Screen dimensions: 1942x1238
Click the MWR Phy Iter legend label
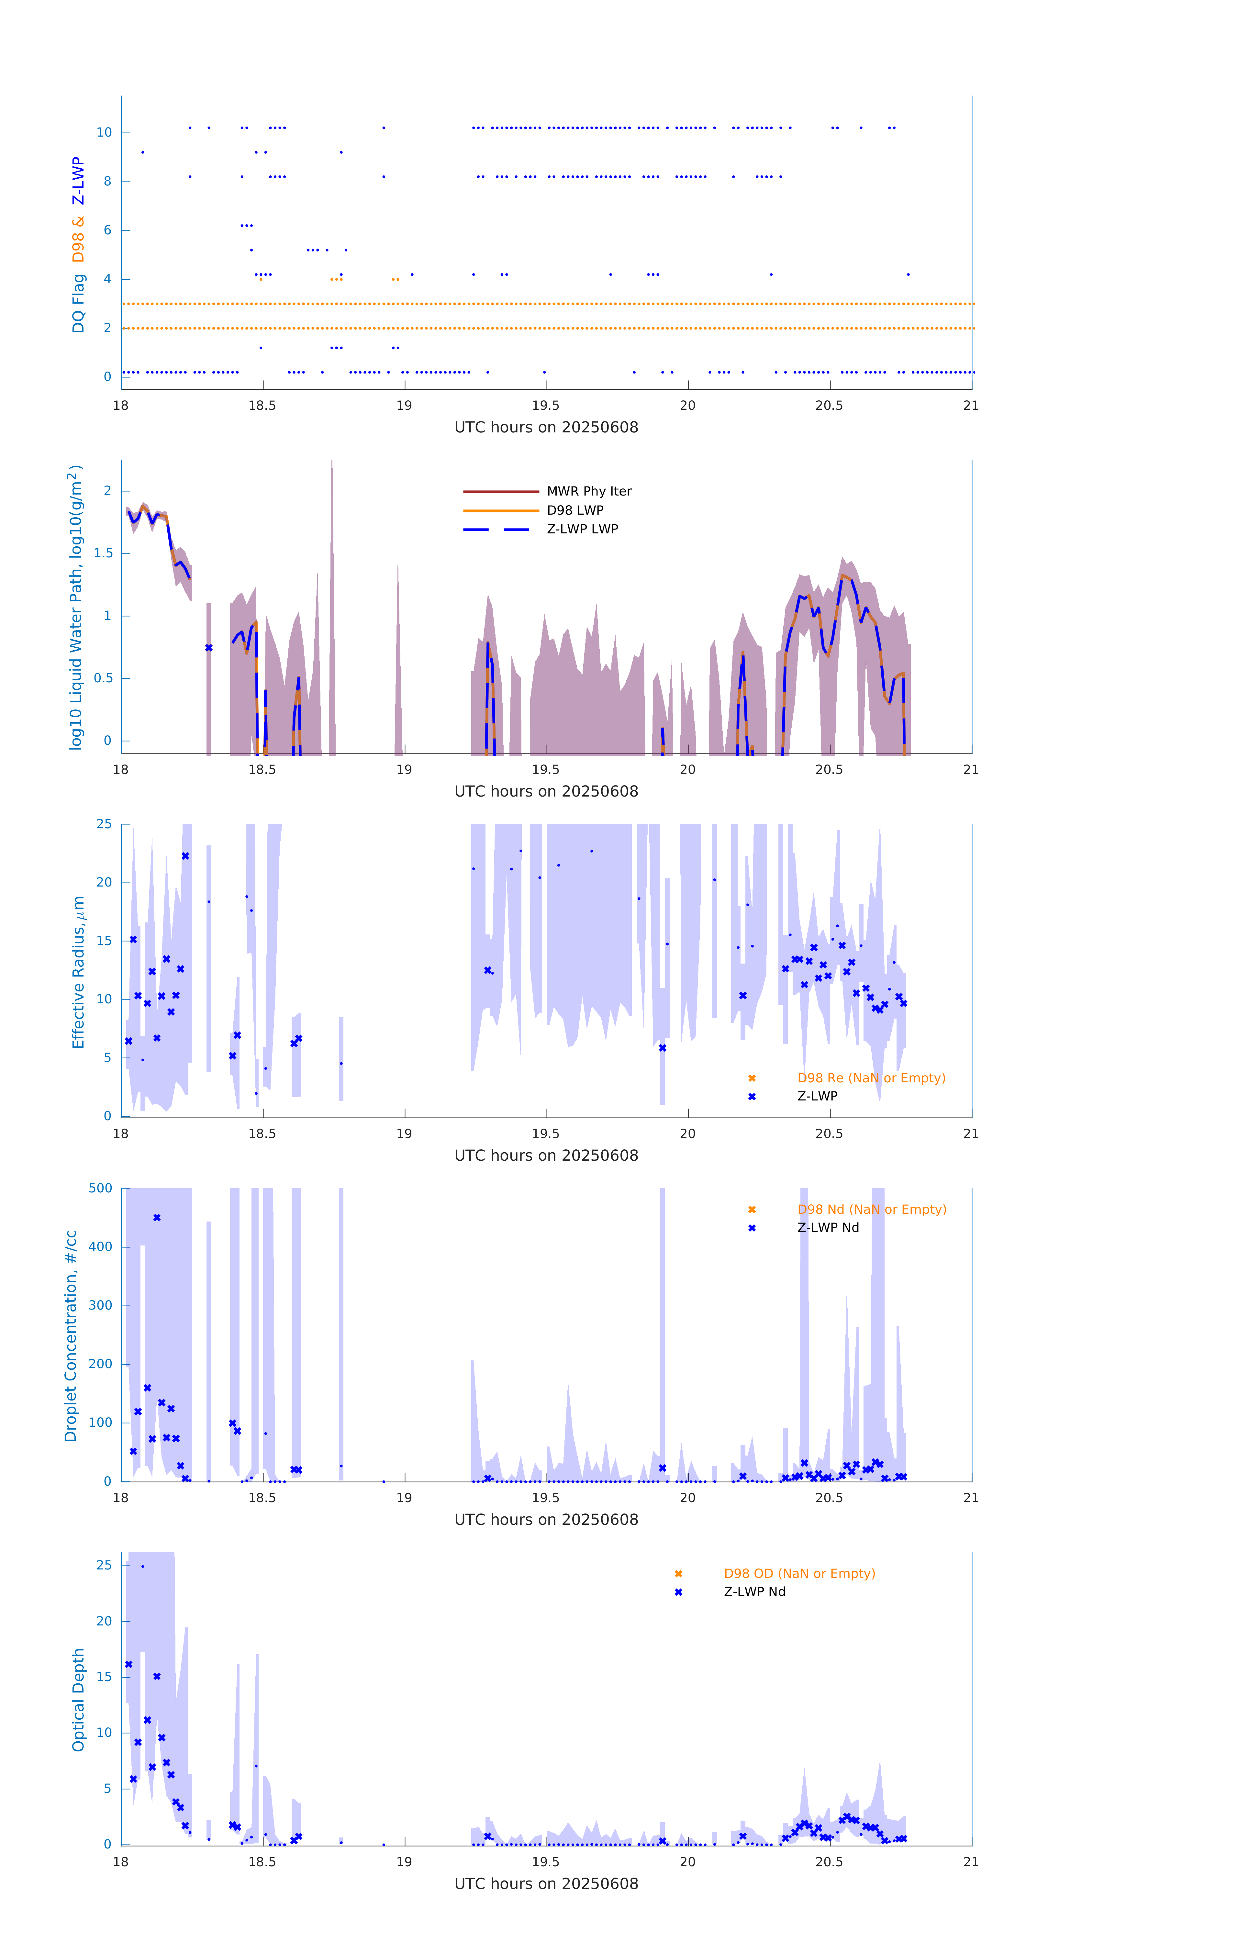[x=589, y=491]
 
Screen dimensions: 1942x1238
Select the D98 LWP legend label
[x=575, y=510]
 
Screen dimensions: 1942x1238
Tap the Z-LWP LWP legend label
[x=582, y=529]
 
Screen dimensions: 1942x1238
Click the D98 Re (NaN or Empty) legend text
[x=871, y=1078]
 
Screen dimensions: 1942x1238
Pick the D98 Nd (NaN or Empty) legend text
[x=872, y=1210]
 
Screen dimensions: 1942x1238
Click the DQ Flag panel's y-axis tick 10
[x=104, y=132]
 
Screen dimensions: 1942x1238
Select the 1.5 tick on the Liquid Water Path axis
[x=103, y=553]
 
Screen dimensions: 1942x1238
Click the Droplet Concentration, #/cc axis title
[x=71, y=1335]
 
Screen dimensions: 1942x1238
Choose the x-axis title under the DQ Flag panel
[x=546, y=428]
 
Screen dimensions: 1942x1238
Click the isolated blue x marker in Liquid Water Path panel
[x=209, y=648]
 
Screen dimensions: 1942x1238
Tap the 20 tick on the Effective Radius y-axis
[x=104, y=882]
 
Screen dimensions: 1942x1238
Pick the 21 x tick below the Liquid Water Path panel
[x=971, y=769]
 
